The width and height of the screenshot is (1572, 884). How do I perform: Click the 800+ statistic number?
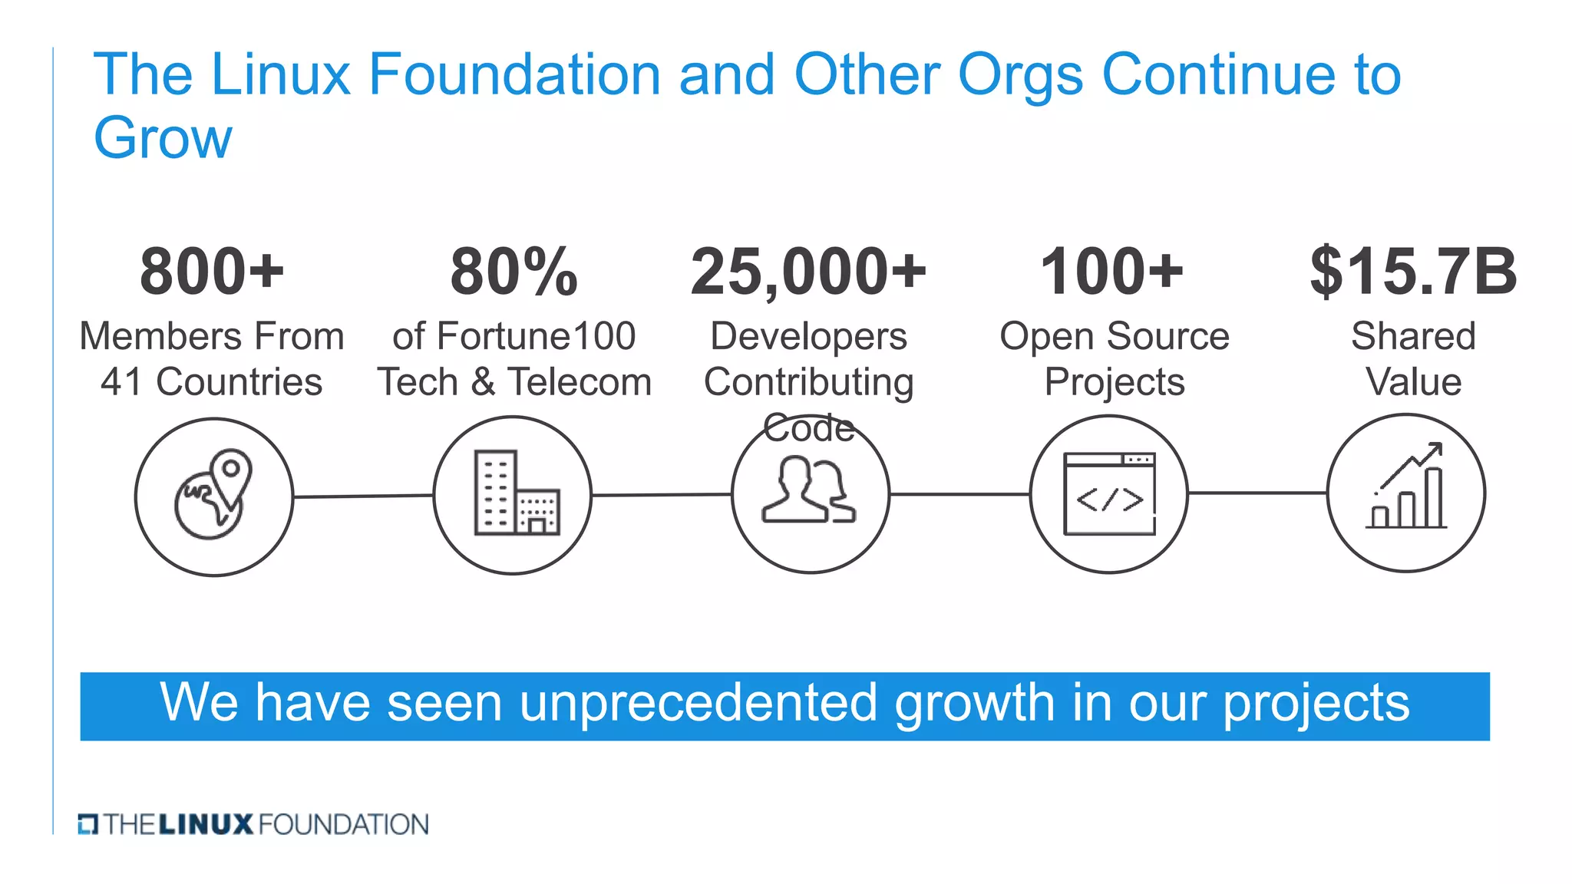(212, 272)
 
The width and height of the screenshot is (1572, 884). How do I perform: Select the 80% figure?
(514, 272)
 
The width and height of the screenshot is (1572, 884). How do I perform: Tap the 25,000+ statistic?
(808, 272)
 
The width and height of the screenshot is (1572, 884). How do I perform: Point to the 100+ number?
(1111, 272)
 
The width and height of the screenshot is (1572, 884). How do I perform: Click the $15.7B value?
(1413, 272)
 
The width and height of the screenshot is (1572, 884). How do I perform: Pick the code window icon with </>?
(1109, 494)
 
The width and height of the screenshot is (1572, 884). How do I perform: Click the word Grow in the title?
(162, 138)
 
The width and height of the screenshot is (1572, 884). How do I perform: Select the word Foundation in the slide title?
(514, 74)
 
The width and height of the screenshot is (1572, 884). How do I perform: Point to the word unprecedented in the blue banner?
(698, 703)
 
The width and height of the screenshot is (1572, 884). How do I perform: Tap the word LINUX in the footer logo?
(206, 825)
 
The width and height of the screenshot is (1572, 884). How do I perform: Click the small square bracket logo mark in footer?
(88, 825)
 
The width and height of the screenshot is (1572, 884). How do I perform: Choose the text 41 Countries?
(212, 382)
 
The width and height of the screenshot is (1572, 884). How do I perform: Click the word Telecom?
(580, 382)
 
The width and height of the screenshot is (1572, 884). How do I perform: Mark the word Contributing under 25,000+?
(808, 382)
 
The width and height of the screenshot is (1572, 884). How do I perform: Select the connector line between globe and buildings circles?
(362, 496)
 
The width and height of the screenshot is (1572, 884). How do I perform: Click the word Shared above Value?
(1413, 336)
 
